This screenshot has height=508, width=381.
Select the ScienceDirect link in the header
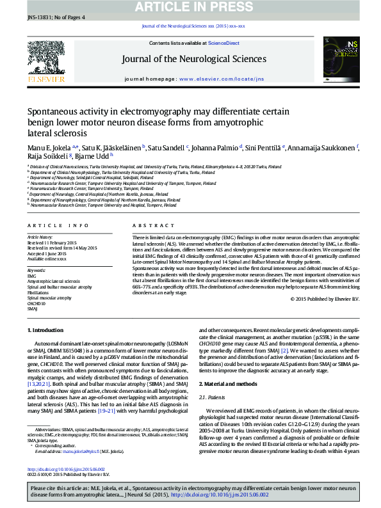[x=224, y=43]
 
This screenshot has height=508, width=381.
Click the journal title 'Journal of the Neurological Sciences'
[x=194, y=60]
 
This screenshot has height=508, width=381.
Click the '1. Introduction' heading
[x=48, y=330]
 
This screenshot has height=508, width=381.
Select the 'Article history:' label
[x=40, y=237]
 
